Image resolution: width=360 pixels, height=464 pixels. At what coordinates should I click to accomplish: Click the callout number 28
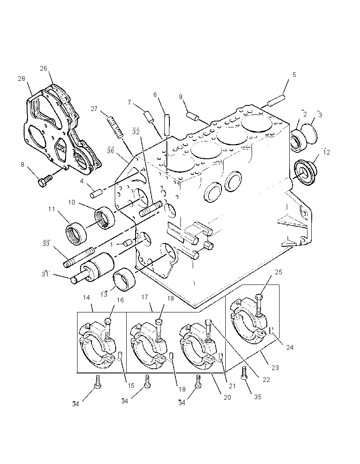(21, 79)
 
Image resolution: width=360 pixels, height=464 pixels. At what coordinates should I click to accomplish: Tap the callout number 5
(294, 75)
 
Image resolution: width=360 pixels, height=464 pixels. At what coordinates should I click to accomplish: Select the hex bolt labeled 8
(45, 180)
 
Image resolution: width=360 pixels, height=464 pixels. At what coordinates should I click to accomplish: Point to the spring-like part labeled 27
(116, 127)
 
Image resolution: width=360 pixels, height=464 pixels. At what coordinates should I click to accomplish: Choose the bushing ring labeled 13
(125, 279)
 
